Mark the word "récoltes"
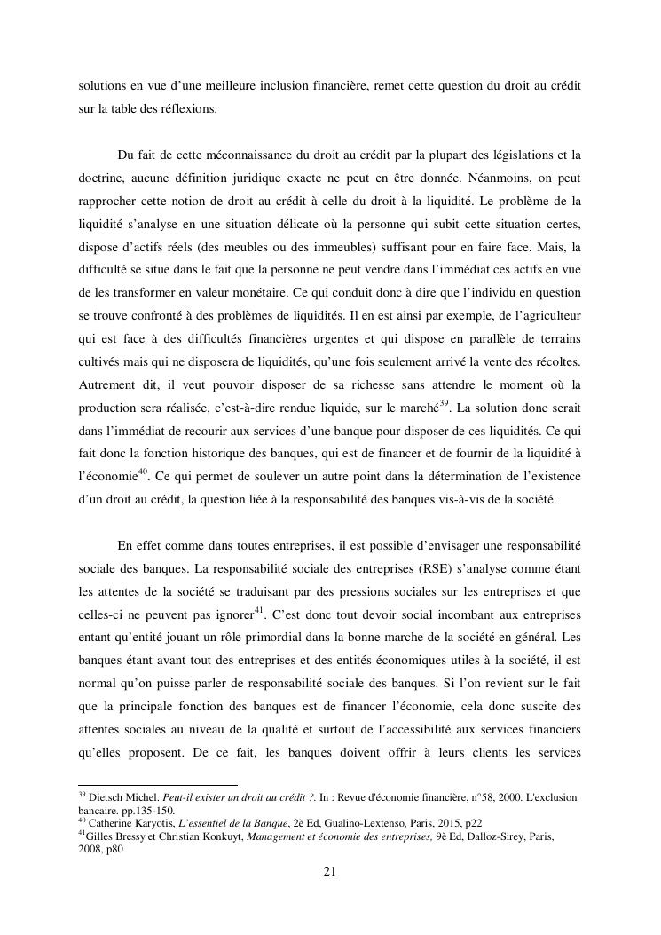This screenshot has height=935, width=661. [553, 337]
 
